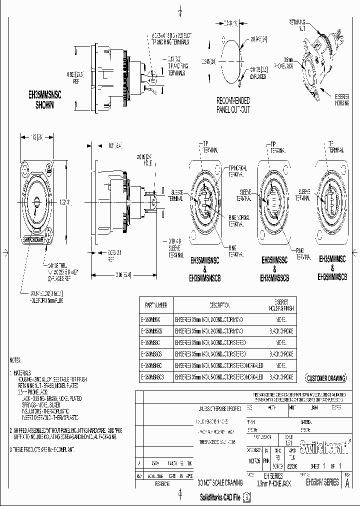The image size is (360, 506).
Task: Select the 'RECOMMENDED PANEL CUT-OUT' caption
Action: coord(233,105)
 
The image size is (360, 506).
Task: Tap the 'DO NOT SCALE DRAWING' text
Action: coord(220,482)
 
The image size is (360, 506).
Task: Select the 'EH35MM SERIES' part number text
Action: coord(322,482)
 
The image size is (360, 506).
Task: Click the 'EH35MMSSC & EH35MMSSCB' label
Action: coord(274,269)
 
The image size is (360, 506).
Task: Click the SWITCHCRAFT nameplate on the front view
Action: coord(34,239)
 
